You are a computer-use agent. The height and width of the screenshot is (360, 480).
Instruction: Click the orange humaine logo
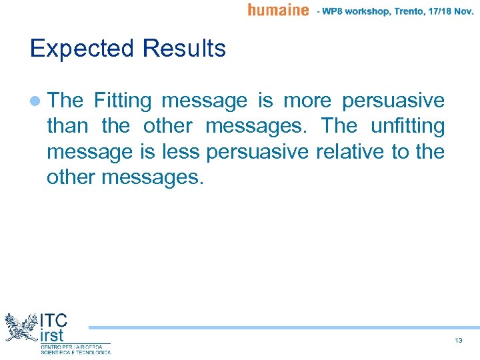pyautogui.click(x=278, y=10)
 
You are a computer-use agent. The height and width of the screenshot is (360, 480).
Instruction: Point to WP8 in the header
pyautogui.click(x=339, y=11)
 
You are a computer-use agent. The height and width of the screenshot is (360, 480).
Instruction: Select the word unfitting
pyautogui.click(x=407, y=126)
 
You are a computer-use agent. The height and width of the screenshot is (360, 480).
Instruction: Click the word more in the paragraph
pyautogui.click(x=307, y=101)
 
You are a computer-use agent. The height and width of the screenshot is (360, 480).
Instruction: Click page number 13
pyautogui.click(x=458, y=341)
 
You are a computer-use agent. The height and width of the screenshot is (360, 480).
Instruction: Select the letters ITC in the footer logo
pyautogui.click(x=54, y=319)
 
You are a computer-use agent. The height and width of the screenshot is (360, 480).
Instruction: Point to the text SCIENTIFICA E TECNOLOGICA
pyautogui.click(x=75, y=352)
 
